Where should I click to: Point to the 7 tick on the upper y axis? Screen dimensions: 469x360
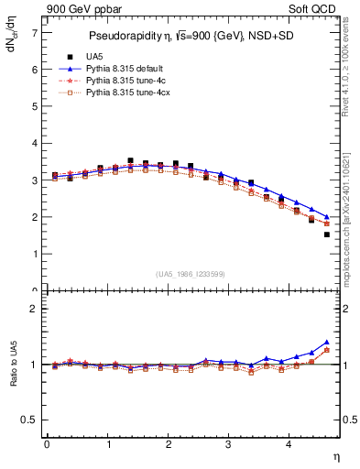coord(35,32)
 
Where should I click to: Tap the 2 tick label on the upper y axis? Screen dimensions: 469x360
coord(35,217)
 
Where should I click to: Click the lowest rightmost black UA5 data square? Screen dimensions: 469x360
coord(327,234)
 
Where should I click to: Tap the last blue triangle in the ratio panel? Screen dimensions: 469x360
coord(327,342)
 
